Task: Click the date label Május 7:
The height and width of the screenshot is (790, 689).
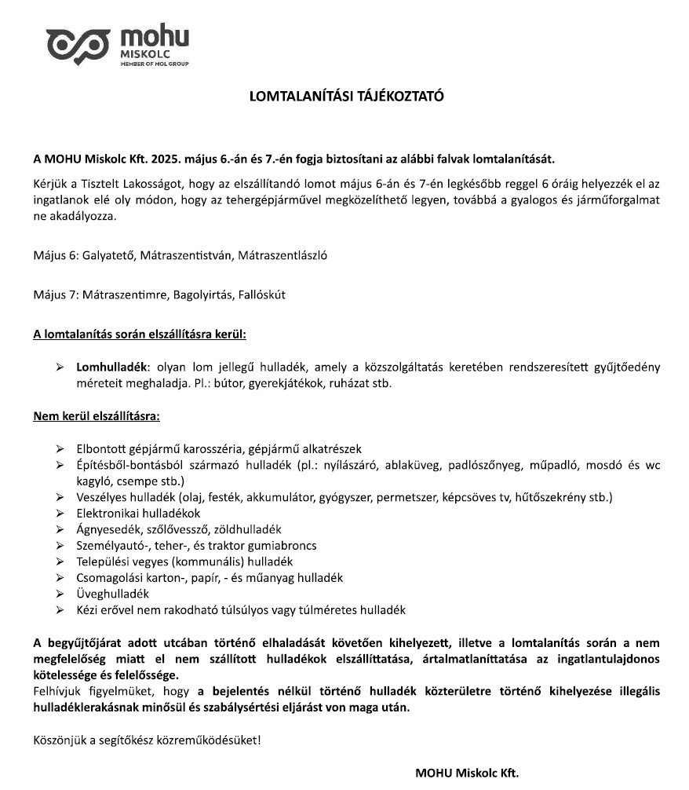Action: (x=55, y=295)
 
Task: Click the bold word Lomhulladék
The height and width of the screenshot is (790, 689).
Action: (x=111, y=367)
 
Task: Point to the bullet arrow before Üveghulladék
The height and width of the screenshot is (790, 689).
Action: (x=60, y=594)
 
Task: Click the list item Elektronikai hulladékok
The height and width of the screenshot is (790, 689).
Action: (x=127, y=514)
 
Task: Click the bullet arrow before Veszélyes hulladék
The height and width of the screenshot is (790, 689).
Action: (x=60, y=498)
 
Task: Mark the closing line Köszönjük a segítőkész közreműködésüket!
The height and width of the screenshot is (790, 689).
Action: (x=147, y=739)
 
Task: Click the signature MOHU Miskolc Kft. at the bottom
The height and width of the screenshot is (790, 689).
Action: (x=467, y=772)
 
